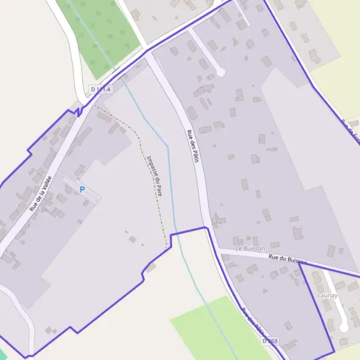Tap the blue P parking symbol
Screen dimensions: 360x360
coord(82,190)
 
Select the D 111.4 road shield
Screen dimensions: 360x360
coord(101,89)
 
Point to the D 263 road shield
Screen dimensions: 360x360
coord(270,341)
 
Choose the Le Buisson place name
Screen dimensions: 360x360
coord(250,248)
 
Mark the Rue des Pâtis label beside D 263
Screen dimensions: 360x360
coord(253,321)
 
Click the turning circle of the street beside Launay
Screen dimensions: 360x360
coord(344,328)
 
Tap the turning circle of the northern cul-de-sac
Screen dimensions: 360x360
coord(220,72)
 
